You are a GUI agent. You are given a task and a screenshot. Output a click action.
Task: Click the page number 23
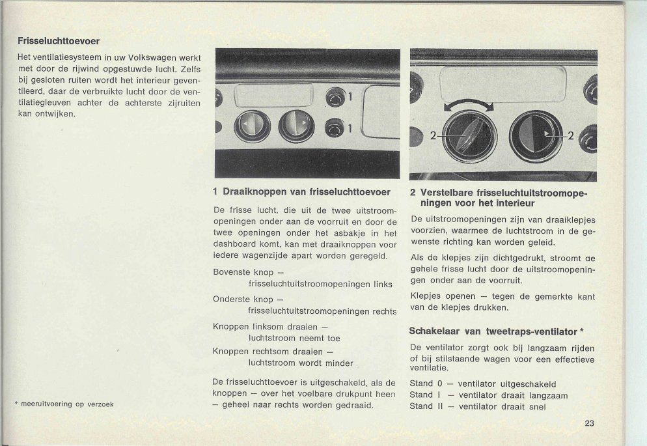[589, 423]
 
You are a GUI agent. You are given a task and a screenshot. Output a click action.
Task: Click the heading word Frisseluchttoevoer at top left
[59, 41]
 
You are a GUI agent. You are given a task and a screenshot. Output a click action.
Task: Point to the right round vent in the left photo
[296, 126]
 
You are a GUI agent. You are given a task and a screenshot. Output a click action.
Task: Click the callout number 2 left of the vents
[432, 136]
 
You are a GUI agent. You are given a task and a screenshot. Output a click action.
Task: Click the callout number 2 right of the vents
[571, 136]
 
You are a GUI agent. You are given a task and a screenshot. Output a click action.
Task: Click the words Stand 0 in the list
[426, 383]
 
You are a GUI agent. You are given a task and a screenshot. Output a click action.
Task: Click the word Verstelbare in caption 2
[447, 193]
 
